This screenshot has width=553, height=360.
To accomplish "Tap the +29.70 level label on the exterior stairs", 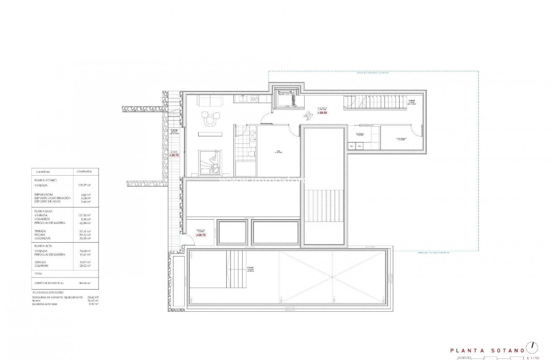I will point(174,155).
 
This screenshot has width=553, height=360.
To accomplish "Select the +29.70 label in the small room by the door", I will point(202,235).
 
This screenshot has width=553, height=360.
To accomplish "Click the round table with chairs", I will point(209,120).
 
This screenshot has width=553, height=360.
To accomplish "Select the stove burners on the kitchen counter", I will point(254,99).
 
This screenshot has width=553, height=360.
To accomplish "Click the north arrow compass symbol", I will point(532,347).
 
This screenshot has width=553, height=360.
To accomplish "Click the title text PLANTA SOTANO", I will point(487,350).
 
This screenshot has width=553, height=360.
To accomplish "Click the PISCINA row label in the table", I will point(41,235).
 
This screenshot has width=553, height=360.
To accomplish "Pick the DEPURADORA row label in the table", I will point(44,194).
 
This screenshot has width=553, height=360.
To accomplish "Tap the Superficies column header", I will point(43,172).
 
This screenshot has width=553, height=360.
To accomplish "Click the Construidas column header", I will point(84,172).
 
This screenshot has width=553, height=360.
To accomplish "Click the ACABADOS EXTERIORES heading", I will point(48,293).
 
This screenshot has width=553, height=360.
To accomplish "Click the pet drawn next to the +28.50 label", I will point(309,113).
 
